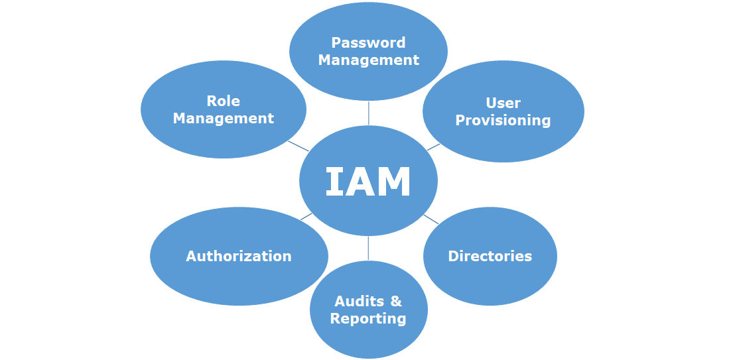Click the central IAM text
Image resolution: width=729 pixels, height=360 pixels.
368,182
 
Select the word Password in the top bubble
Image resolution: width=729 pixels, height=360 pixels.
368,43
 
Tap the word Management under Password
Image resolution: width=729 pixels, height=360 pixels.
368,60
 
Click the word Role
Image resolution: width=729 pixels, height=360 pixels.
224,101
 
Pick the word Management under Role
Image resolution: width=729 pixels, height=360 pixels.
224,119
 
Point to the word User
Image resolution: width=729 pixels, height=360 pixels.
503,103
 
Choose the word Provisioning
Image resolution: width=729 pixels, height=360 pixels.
503,121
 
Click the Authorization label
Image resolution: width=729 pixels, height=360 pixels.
239,257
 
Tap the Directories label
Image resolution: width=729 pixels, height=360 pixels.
490,257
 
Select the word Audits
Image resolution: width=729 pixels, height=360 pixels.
359,302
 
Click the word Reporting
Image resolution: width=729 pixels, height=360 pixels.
368,319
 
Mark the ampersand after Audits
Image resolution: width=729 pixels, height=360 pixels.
396,302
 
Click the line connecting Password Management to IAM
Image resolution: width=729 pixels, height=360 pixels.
368,113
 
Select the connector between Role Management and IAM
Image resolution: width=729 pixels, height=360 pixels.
298,146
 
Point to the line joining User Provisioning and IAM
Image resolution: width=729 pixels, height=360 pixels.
432,147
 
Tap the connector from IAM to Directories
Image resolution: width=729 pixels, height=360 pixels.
431,219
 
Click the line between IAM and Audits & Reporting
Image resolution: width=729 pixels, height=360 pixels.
368,248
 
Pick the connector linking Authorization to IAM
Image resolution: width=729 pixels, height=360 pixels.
306,216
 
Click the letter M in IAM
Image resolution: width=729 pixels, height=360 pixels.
393,182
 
